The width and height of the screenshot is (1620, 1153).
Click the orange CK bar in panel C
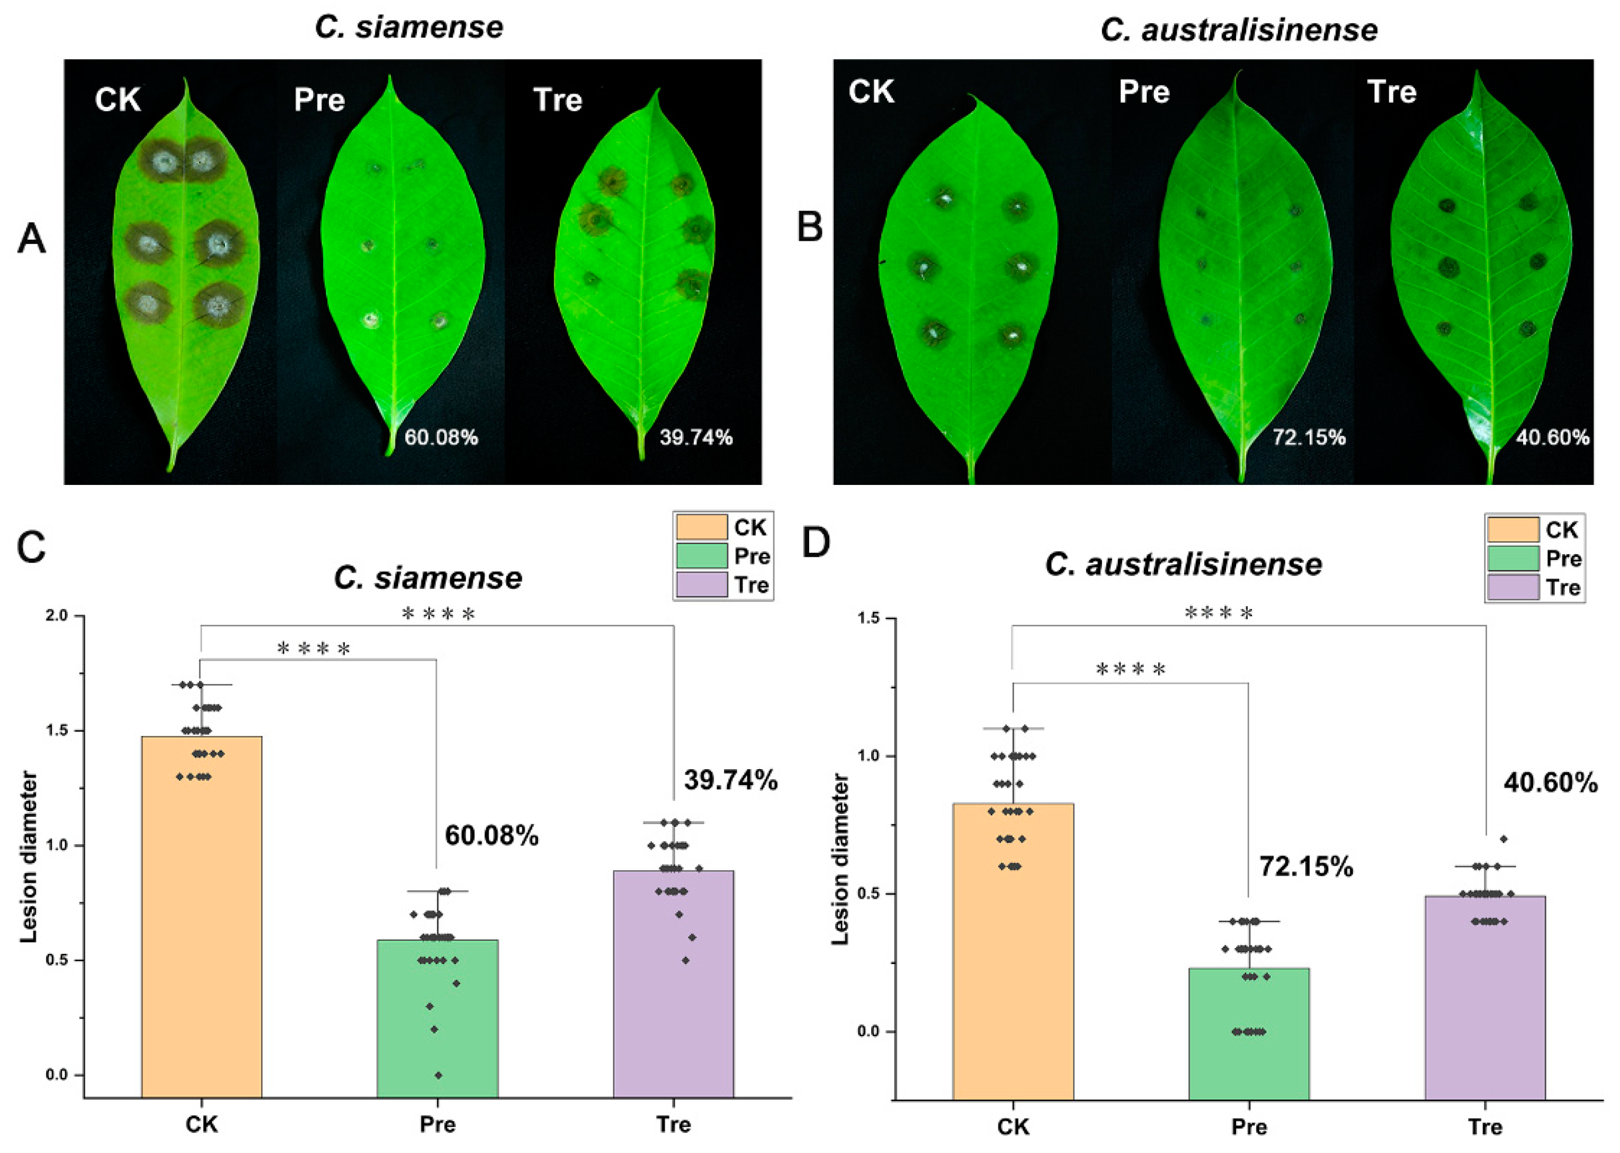click(201, 916)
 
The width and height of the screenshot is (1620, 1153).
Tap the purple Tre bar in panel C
click(673, 983)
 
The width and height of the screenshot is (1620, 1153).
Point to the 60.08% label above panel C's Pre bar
click(491, 836)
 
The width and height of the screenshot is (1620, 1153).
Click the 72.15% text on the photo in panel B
click(1308, 437)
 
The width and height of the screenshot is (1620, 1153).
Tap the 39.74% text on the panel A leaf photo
click(695, 437)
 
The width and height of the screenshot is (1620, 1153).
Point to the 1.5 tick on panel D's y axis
click(868, 619)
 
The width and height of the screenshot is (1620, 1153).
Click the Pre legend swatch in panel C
click(701, 556)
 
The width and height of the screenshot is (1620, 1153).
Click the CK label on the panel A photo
click(118, 100)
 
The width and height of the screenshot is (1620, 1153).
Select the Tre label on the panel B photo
click(1391, 92)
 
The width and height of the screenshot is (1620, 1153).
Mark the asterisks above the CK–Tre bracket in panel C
click(438, 614)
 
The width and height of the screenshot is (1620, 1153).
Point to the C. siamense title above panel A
click(409, 28)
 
